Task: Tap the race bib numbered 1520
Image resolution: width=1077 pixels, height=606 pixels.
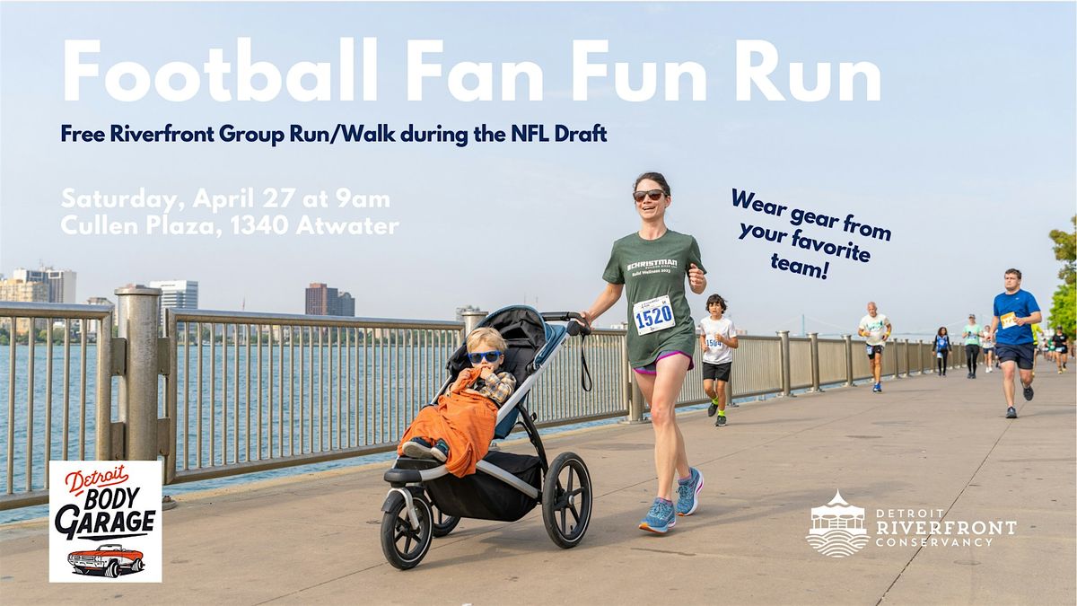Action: [x=652, y=315]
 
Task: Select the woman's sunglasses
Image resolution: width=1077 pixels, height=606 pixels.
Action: [x=648, y=195]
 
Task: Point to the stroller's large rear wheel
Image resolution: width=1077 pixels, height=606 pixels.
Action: [x=566, y=499]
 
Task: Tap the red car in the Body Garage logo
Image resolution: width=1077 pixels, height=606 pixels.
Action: [x=106, y=559]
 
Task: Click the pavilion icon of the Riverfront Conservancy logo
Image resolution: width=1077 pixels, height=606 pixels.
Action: [x=836, y=523]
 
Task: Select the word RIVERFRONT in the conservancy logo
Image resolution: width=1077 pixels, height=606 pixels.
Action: [x=946, y=527]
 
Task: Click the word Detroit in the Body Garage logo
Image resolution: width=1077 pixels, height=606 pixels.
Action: [x=96, y=479]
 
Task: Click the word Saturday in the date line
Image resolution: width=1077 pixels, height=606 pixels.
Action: [x=116, y=198]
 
